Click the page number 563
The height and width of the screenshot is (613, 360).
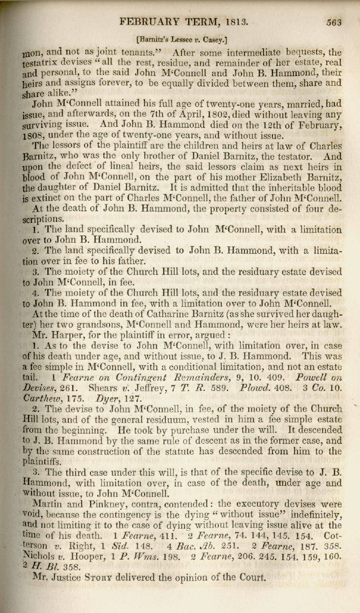pos(333,22)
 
